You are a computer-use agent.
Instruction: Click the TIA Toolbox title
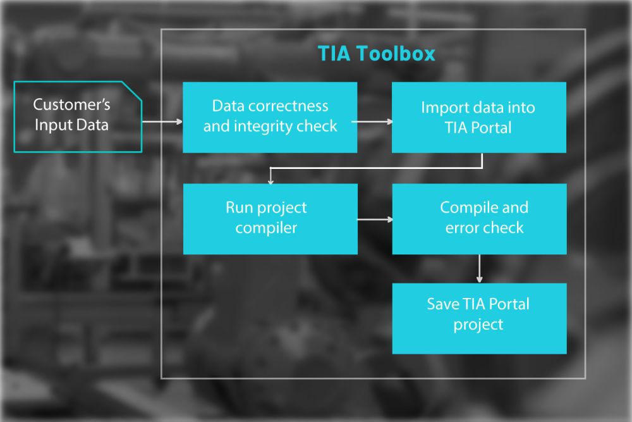377,54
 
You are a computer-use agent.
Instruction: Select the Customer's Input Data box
78,116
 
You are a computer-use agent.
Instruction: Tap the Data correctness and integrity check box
270,118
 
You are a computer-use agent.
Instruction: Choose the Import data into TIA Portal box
479,118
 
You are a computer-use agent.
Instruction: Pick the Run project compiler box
270,219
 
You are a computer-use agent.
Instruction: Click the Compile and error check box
479,219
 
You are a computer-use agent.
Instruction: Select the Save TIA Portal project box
479,319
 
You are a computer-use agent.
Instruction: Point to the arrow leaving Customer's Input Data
162,121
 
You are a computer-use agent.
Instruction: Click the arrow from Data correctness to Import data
372,121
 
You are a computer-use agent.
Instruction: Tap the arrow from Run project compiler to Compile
375,220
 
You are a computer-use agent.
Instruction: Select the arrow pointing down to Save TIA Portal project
479,269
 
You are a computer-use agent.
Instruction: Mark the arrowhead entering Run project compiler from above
270,181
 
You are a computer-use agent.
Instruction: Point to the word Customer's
72,104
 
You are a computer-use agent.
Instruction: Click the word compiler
267,228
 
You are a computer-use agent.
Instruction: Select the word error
460,228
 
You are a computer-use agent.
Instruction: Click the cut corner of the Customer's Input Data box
132,91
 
